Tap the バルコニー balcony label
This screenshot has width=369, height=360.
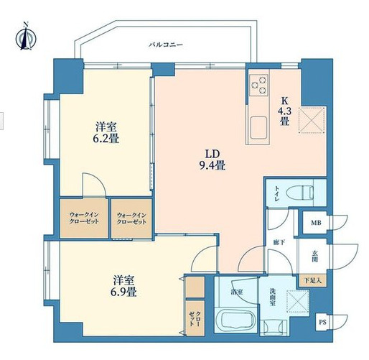166,45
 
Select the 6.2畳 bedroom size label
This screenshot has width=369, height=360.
106,131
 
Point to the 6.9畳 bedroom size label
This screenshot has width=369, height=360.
123,286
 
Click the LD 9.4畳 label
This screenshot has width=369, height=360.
212,160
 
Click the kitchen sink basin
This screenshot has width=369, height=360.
258,129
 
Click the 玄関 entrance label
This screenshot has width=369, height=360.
315,256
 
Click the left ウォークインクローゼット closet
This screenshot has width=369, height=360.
84,218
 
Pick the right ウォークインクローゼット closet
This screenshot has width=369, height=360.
131,218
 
